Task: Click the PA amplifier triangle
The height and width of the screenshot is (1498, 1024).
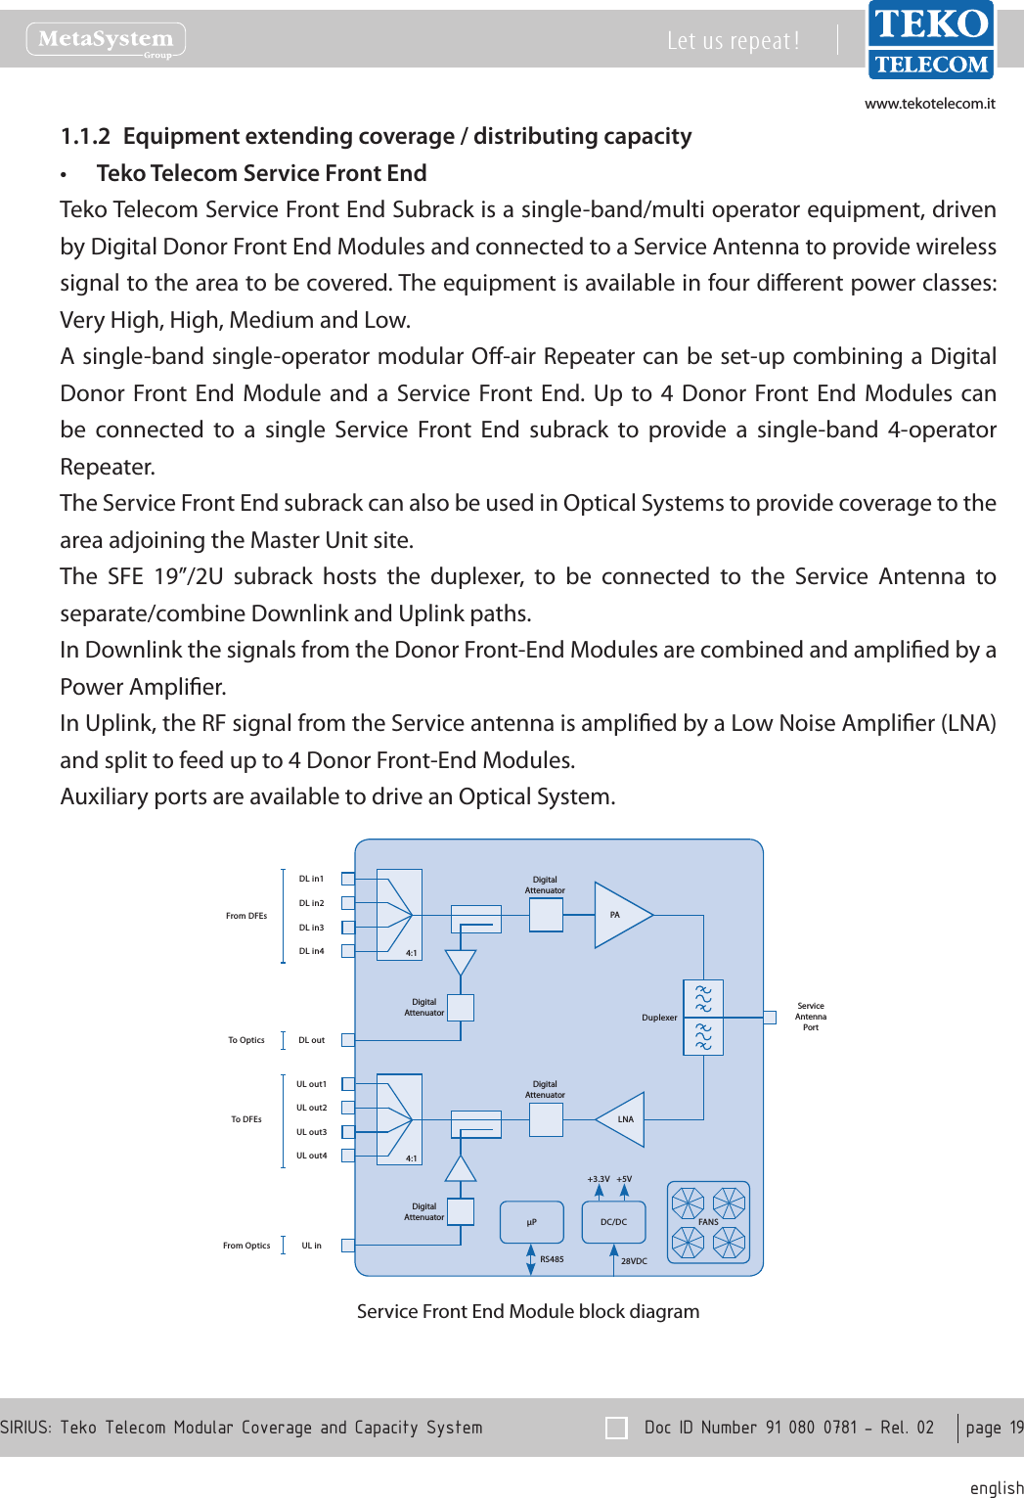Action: pyautogui.click(x=620, y=916)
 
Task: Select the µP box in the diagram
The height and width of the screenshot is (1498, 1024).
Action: pyautogui.click(x=532, y=1222)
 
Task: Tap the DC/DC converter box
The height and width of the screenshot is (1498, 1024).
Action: pyautogui.click(x=614, y=1222)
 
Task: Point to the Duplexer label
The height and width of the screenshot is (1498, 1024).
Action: pyautogui.click(x=659, y=1018)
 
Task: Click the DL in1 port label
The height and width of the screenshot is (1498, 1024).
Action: pyautogui.click(x=311, y=879)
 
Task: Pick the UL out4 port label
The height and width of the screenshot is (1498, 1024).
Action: pyautogui.click(x=311, y=1156)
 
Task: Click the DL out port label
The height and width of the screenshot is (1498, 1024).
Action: pyautogui.click(x=311, y=1040)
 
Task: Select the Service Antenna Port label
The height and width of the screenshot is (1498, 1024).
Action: pyautogui.click(x=811, y=1017)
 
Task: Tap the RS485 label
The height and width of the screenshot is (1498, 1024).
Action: pyautogui.click(x=552, y=1259)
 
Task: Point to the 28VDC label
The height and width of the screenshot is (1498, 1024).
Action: pyautogui.click(x=634, y=1261)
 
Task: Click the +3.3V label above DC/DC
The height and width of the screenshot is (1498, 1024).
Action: pyautogui.click(x=598, y=1179)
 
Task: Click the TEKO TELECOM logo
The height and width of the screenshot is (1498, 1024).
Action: pyautogui.click(x=930, y=40)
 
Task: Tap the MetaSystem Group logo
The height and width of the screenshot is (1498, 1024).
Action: pyautogui.click(x=106, y=40)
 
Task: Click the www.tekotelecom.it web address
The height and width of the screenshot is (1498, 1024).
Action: pyautogui.click(x=929, y=104)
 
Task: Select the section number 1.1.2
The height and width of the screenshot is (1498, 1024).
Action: pyautogui.click(x=85, y=136)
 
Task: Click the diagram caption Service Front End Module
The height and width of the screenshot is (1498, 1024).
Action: pyautogui.click(x=527, y=1311)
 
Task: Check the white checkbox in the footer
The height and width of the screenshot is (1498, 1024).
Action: pyautogui.click(x=616, y=1428)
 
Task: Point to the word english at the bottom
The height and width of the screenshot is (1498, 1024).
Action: pyautogui.click(x=996, y=1487)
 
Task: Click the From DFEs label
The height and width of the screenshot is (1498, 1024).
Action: pyautogui.click(x=245, y=916)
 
